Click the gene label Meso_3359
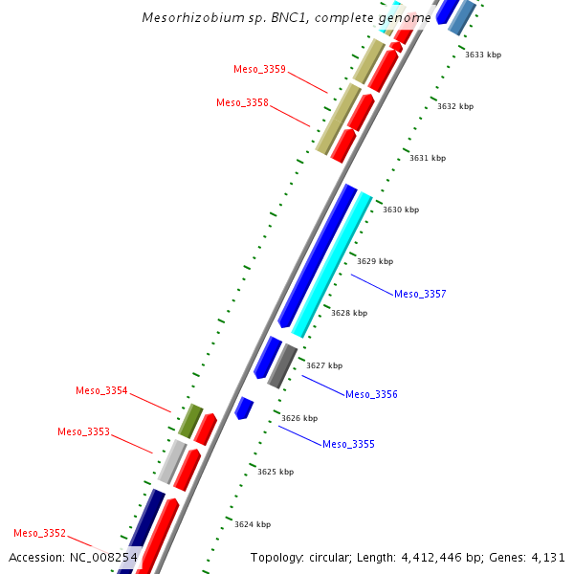pos(259,69)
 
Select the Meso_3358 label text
pos(242,103)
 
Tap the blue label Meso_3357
pos(420,294)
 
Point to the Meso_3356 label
pos(371,394)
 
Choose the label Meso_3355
pos(348,444)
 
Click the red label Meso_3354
pos(101,390)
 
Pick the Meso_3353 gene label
pos(83,432)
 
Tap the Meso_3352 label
pos(39,533)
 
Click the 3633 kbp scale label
pos(483,55)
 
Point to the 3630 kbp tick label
pos(401,210)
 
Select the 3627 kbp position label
pos(324,365)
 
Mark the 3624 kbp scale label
pos(253,524)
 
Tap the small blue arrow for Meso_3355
pos(244,408)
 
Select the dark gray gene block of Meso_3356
pos(281,366)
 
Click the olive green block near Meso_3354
pos(190,421)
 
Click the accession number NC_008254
pos(103,557)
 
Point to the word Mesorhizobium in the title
pos(187,17)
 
